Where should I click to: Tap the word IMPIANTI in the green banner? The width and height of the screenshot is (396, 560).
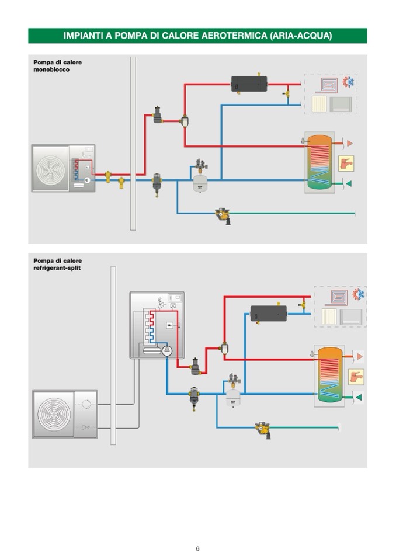84,36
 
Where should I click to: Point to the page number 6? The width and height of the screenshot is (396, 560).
197,548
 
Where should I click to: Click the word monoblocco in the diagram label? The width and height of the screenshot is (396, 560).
51,69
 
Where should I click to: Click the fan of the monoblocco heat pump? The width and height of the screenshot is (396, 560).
53,168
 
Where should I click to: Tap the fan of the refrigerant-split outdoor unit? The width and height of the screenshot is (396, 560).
54,415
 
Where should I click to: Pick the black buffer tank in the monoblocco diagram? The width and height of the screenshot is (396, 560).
249,84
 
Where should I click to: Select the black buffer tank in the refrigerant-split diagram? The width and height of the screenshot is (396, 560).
268,314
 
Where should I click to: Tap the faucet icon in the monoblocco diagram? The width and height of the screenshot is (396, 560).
346,163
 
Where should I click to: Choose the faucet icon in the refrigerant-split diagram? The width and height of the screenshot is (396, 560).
356,377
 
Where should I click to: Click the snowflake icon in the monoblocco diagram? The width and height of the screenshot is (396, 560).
350,81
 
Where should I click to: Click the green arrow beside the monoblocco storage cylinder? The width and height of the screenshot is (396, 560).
348,184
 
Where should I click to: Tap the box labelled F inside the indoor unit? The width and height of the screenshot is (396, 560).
170,325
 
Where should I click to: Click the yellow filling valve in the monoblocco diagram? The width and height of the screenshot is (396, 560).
223,215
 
